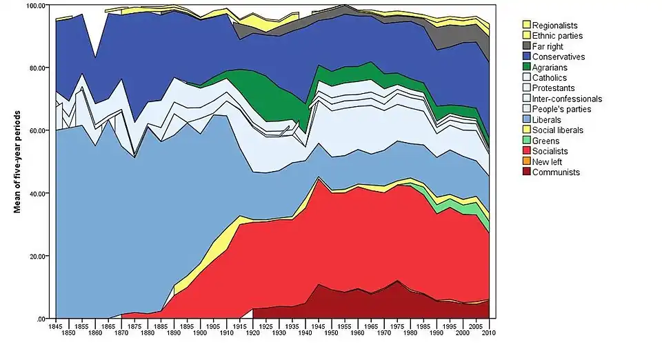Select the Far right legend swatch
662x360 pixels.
(526, 46)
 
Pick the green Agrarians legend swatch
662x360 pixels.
(526, 67)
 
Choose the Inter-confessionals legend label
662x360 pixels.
(567, 99)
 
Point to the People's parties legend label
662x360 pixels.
(561, 109)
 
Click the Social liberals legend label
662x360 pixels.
(558, 130)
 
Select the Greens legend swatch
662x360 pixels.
(526, 141)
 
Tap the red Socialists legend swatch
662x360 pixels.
(526, 151)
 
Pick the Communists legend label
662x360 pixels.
(556, 172)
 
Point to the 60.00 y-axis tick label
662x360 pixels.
(37, 130)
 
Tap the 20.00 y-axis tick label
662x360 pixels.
(37, 256)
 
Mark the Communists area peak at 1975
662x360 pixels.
(397, 283)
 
